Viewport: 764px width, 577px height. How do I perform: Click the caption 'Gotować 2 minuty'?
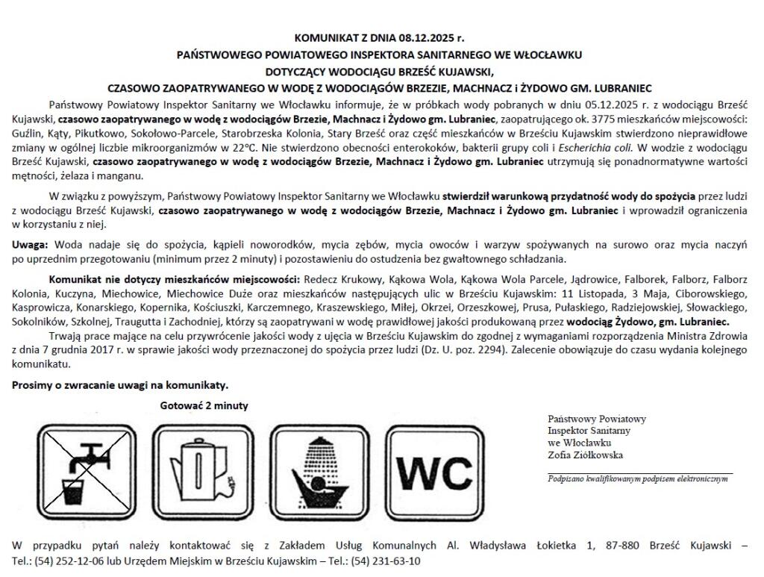coord(204,405)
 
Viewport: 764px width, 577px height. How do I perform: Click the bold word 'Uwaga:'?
coord(31,245)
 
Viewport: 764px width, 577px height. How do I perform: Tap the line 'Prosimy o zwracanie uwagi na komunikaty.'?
coord(120,385)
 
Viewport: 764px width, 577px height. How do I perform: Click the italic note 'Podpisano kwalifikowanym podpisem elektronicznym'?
coord(637,479)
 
